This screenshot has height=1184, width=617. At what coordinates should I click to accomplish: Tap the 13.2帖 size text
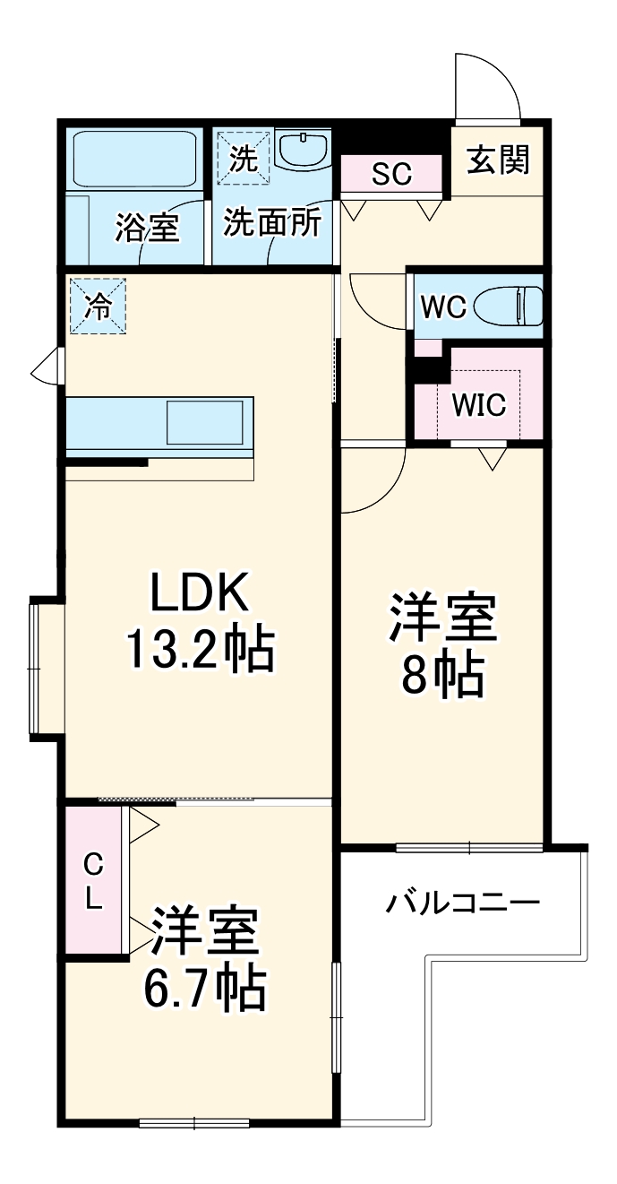point(199,650)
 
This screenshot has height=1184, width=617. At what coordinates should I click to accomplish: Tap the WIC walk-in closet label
point(478,405)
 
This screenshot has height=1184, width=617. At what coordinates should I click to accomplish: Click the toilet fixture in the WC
point(509,307)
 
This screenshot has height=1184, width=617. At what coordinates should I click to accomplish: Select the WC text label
point(443,307)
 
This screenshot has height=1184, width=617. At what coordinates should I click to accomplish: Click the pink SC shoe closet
point(391,173)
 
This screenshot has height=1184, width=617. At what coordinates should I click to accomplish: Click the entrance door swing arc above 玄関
point(488,85)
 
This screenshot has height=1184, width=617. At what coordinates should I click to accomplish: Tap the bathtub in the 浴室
point(134,159)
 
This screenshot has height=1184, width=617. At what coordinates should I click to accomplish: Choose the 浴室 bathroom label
point(147,228)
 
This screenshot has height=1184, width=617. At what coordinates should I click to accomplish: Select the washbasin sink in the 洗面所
point(304,150)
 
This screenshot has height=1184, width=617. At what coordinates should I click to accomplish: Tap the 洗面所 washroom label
point(271,223)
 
